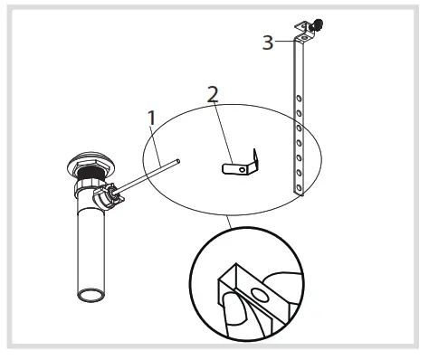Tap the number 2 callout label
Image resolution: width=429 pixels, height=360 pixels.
(x=213, y=93)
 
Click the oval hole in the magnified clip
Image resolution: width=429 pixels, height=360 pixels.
(x=261, y=293)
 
